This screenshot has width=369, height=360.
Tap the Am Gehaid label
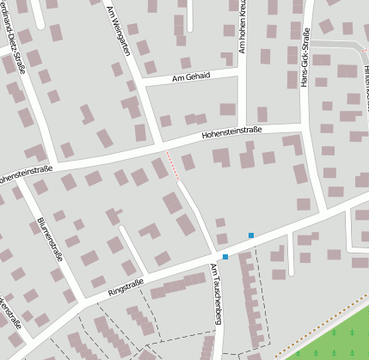(x=191, y=77)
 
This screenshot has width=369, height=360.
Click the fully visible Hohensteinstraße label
(x=231, y=133)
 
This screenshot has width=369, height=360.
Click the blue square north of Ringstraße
(x=251, y=235)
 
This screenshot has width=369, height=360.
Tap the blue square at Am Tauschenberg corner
(x=224, y=257)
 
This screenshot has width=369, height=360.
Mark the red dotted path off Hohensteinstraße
(x=171, y=163)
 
